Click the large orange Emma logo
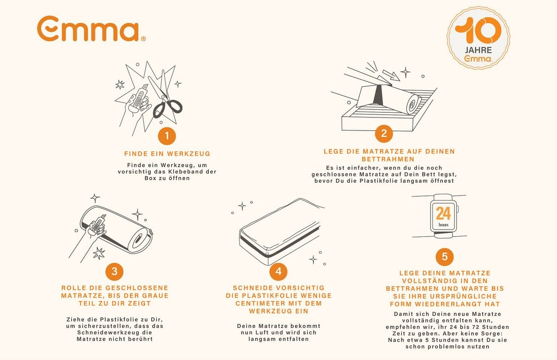pyautogui.click(x=91, y=29)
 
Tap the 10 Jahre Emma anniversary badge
pyautogui.click(x=478, y=38)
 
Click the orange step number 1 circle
pyautogui.click(x=167, y=136)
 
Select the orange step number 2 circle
pyautogui.click(x=384, y=134)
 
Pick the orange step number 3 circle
pyautogui.click(x=115, y=272)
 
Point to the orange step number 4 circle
pyautogui.click(x=278, y=272)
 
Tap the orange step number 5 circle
pyautogui.click(x=445, y=257)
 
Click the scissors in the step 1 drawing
pyautogui.click(x=166, y=97)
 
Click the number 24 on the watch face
pyautogui.click(x=443, y=213)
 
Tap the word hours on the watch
pyautogui.click(x=444, y=225)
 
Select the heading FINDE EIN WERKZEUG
pyautogui.click(x=167, y=154)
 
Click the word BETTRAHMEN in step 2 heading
pyautogui.click(x=388, y=159)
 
